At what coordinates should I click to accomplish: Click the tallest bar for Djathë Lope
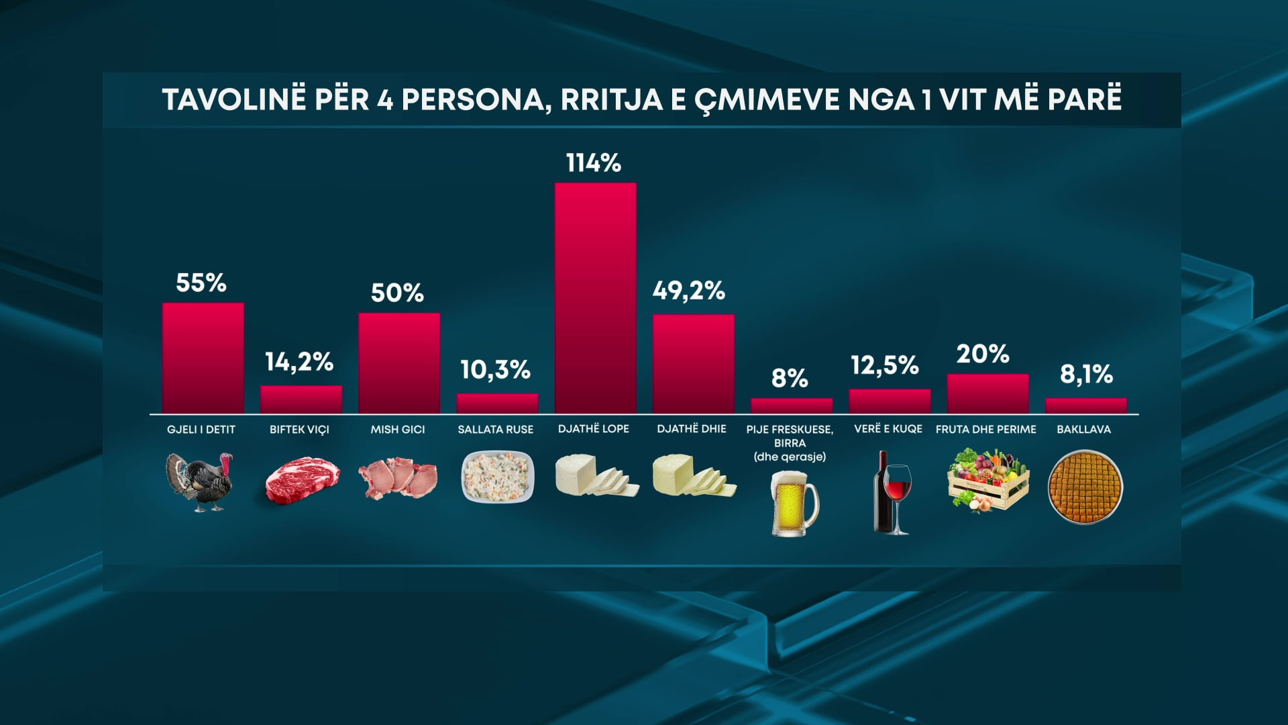(595, 298)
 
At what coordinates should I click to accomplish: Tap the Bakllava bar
(1085, 405)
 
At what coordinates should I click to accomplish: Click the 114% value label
(594, 163)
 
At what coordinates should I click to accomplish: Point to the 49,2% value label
(689, 291)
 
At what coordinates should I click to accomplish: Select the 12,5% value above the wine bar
(885, 365)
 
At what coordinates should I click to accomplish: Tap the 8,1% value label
(1086, 374)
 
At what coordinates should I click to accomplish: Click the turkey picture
(201, 482)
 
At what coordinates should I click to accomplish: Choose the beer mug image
(794, 503)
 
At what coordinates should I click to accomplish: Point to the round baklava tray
(1085, 487)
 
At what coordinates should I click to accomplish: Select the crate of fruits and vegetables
(987, 481)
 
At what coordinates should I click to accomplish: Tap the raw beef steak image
(302, 479)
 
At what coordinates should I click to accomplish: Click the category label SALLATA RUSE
(495, 430)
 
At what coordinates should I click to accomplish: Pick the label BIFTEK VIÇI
(299, 430)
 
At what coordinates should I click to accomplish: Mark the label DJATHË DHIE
(691, 429)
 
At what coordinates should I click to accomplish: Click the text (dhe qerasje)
(790, 457)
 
